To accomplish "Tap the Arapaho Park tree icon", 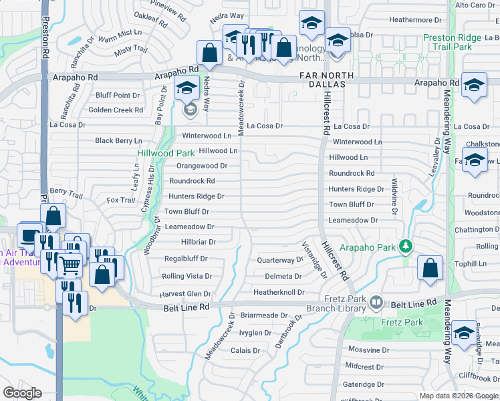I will (x=405, y=247).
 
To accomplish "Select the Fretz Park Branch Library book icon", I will (x=376, y=303).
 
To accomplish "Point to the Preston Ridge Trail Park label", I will (x=452, y=42).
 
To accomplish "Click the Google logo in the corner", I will (x=22, y=393).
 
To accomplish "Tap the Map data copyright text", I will (x=458, y=396).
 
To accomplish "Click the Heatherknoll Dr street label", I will (x=279, y=292).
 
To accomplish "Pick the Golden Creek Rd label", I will (x=116, y=110).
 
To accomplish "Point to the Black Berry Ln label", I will (x=118, y=140).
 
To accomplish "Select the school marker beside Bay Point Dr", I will (x=186, y=88).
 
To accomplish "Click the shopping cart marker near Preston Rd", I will (x=70, y=265).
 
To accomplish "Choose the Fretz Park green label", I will (x=404, y=322).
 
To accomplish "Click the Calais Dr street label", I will (x=245, y=350).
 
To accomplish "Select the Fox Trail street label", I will (x=121, y=200).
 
